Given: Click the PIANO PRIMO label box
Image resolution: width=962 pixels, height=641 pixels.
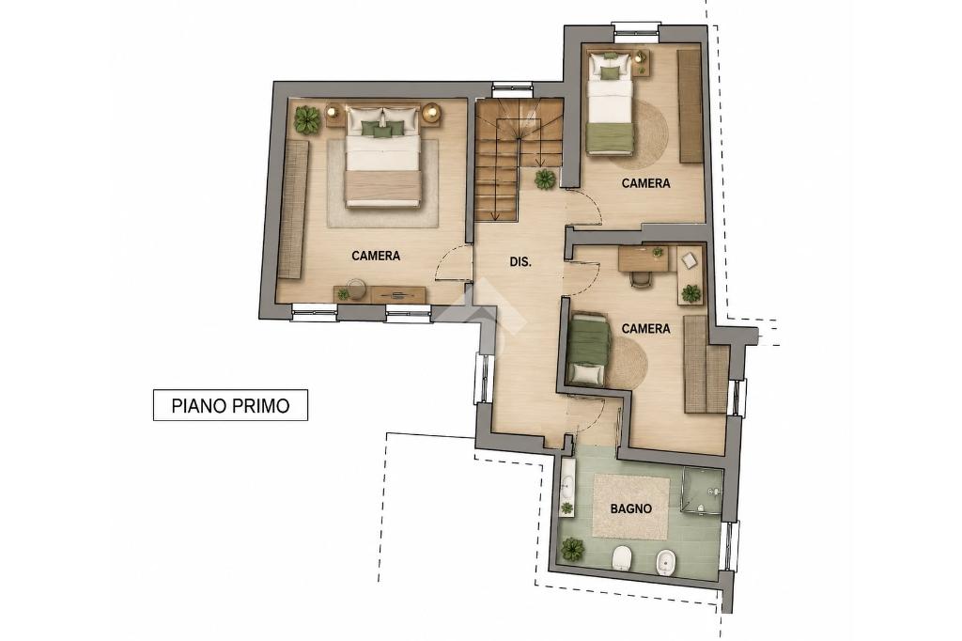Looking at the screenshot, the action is click(x=230, y=405).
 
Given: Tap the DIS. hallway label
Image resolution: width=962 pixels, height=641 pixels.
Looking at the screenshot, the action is click(x=520, y=261).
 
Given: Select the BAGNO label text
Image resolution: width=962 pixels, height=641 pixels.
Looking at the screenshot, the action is click(x=630, y=508).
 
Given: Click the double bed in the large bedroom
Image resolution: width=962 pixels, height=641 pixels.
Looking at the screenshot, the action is click(x=383, y=157).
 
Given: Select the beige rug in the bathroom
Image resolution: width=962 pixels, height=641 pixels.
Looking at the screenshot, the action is click(x=630, y=508).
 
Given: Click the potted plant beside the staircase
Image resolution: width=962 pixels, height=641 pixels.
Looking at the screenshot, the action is click(x=545, y=179).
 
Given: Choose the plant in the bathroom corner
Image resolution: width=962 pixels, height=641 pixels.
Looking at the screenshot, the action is click(x=573, y=548).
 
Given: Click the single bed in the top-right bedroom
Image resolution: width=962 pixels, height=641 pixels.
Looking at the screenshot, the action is click(x=610, y=102).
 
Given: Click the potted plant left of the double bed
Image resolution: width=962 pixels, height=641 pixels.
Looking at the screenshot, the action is click(x=307, y=119).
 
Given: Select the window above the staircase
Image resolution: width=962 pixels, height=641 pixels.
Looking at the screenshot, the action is click(x=511, y=89).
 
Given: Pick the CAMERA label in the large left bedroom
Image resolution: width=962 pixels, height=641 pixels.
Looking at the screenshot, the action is click(x=376, y=256).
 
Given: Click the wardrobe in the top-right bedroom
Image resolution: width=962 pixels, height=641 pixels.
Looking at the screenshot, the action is click(x=690, y=106).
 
